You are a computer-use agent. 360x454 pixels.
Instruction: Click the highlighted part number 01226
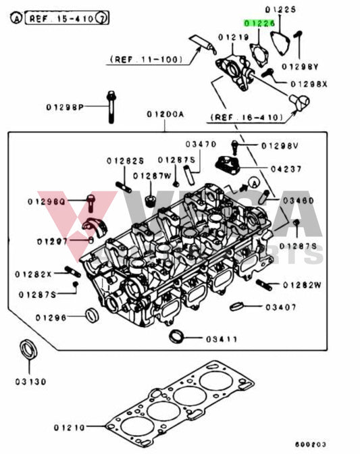click(259, 23)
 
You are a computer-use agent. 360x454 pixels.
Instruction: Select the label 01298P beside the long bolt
click(66, 107)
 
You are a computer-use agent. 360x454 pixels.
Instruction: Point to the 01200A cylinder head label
click(165, 114)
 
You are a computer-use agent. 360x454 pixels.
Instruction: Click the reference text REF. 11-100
click(145, 59)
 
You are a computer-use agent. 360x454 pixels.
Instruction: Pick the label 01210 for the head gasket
click(70, 427)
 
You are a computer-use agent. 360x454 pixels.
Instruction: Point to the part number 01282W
click(301, 284)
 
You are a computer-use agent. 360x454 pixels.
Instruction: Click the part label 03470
click(201, 144)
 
